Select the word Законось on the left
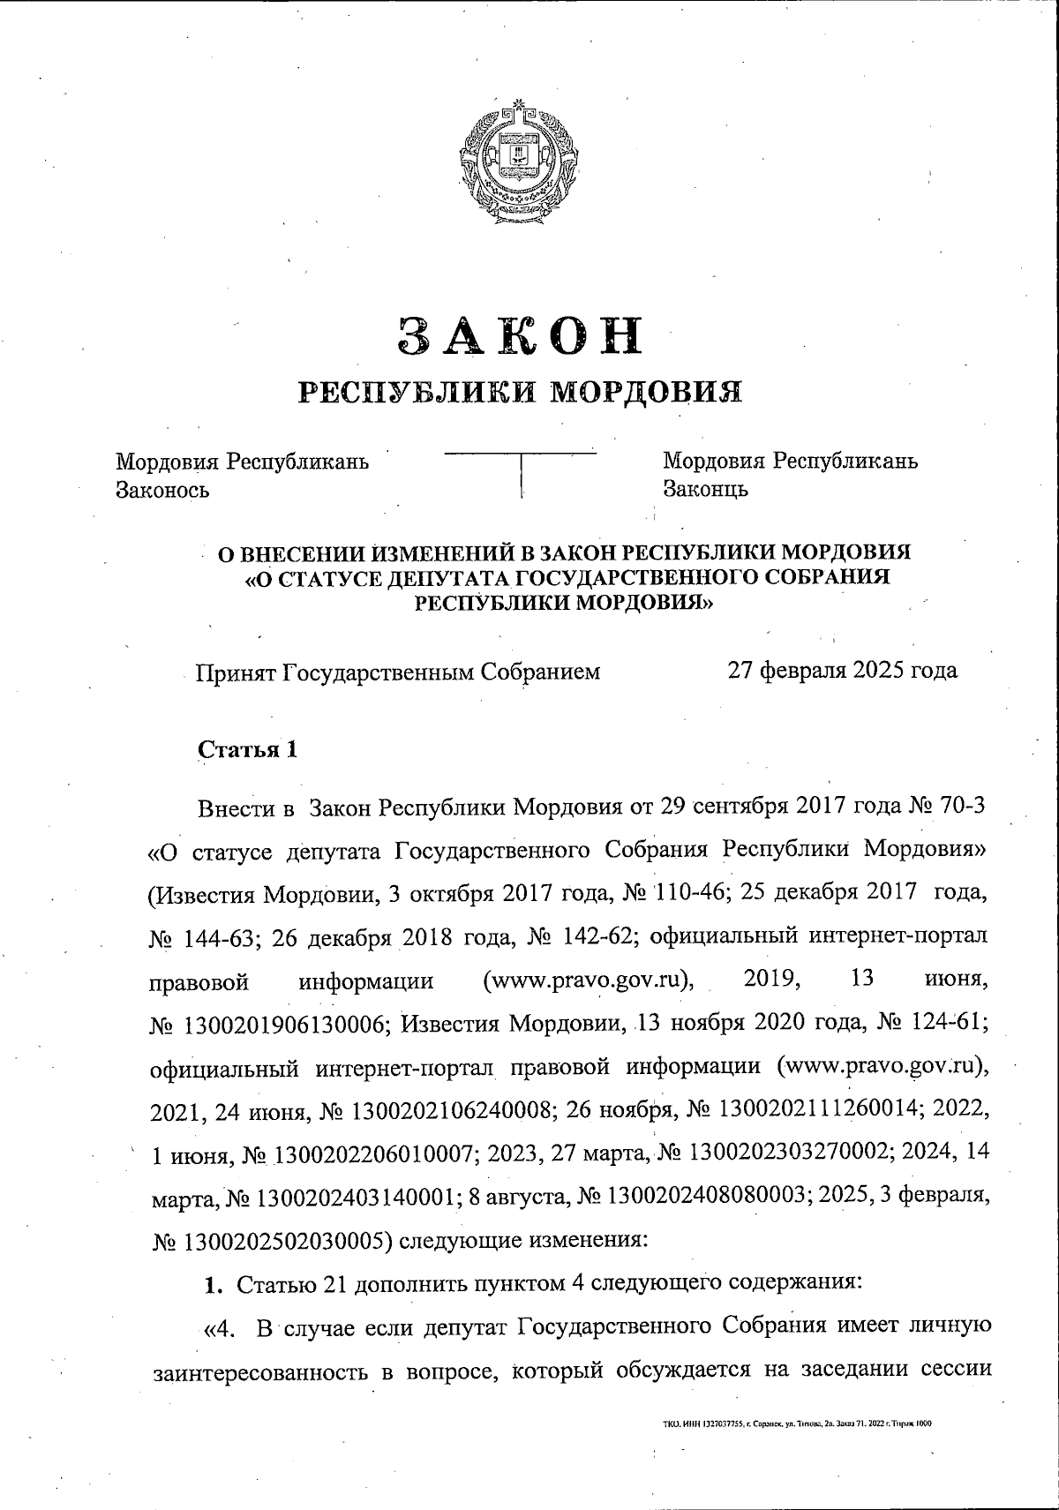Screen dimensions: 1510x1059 tap(163, 490)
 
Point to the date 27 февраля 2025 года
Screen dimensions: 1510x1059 tap(842, 672)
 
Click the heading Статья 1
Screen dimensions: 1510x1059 tap(247, 750)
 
